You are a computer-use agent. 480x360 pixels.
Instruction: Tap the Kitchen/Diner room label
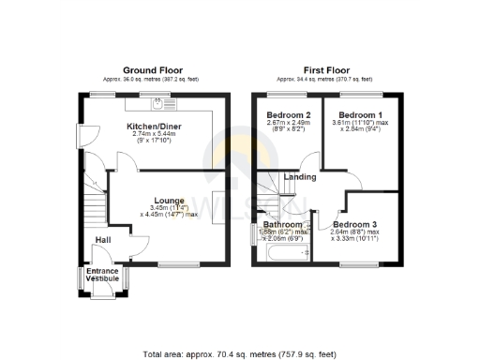pyautogui.click(x=156, y=127)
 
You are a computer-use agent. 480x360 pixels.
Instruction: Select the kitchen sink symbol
pyautogui.click(x=157, y=99)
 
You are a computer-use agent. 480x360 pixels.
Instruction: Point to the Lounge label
pyautogui.click(x=169, y=200)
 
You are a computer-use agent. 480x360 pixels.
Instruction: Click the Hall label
pyautogui.click(x=103, y=240)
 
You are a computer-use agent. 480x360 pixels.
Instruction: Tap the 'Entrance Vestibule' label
pyautogui.click(x=102, y=276)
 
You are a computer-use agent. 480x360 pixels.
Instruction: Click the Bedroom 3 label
pyautogui.click(x=354, y=225)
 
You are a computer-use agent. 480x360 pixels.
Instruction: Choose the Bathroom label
pyautogui.click(x=282, y=225)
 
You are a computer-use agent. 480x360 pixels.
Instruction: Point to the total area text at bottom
pyautogui.click(x=239, y=355)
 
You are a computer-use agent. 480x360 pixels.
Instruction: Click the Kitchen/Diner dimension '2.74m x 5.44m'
pyautogui.click(x=156, y=135)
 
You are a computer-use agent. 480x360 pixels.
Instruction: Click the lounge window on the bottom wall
pyautogui.click(x=177, y=265)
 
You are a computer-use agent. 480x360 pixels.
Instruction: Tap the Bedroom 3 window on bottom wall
pyautogui.click(x=354, y=265)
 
